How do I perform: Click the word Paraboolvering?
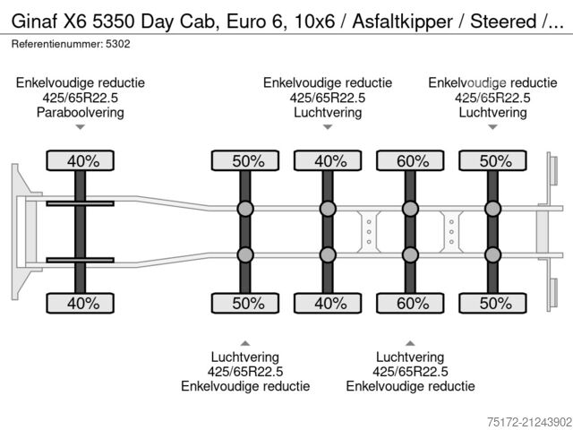(x=81, y=113)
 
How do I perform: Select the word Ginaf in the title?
(x=35, y=21)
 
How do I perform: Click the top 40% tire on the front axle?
(x=81, y=161)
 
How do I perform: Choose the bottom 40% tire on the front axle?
(x=81, y=303)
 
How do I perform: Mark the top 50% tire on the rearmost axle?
(x=492, y=161)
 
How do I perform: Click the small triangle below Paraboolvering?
(x=81, y=128)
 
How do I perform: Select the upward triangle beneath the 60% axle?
(x=410, y=342)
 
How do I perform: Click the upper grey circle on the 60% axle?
(x=410, y=210)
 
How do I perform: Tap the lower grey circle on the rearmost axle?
(x=492, y=255)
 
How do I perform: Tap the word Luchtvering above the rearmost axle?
(x=492, y=113)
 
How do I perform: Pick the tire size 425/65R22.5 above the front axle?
(x=81, y=98)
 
